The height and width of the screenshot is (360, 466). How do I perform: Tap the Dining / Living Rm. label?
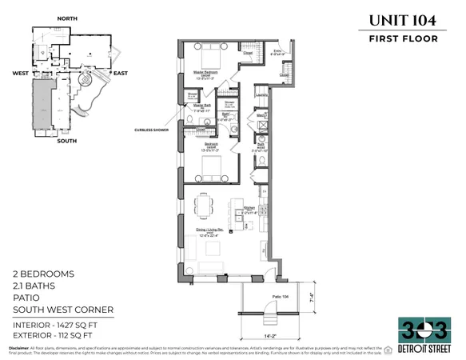click(x=212, y=232)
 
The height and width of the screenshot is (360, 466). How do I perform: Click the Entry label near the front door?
click(x=278, y=53)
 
